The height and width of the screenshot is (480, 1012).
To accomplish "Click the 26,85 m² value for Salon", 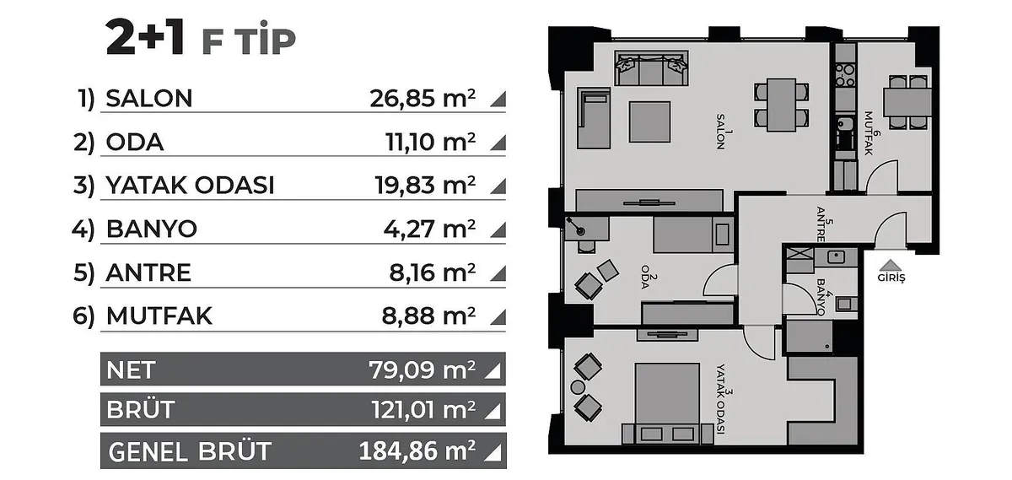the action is point(423,98).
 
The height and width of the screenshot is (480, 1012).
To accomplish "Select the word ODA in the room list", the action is point(135,143).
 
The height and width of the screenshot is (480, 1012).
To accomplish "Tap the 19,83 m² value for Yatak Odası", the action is point(425,186).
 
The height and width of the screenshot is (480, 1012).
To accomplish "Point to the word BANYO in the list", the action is point(152,229).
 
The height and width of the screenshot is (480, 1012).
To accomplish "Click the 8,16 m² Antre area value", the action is point(433,272).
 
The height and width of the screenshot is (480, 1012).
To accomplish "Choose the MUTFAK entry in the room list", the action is point(159,316).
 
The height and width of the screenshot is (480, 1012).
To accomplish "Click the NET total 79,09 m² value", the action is point(423,369).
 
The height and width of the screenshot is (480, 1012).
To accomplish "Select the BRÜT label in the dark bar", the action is point(141,409).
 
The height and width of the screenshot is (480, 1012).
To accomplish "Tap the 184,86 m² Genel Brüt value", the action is point(417,450).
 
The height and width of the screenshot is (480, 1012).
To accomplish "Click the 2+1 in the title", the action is point(145,37).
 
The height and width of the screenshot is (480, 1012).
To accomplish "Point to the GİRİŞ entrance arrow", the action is point(890,265).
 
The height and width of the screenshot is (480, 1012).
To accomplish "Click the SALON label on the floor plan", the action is point(720,132).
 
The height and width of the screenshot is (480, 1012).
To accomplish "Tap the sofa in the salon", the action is point(651,67).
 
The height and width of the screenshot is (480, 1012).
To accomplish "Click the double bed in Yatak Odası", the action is point(667,403).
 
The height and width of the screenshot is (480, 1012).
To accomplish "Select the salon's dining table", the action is point(782,105).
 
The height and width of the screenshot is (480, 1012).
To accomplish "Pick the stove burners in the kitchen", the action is point(845,75).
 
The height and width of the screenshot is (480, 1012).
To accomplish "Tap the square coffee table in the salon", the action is point(649,122).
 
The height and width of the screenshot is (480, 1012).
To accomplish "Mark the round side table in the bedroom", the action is point(578,387).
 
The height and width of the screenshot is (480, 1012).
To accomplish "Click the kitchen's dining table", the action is point(907,103).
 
